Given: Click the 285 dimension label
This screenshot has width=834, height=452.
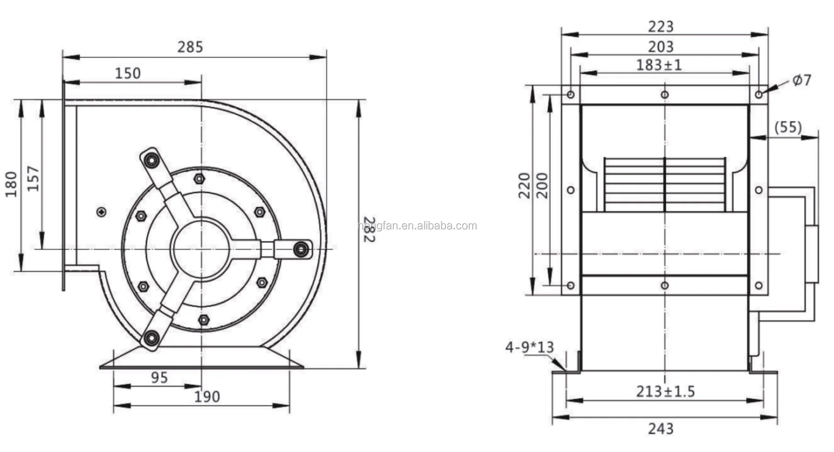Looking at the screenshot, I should pyautogui.click(x=190, y=47).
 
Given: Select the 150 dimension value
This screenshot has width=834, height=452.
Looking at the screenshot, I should pyautogui.click(x=128, y=73).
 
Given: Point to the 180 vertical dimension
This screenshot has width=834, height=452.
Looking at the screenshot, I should pyautogui.click(x=11, y=184).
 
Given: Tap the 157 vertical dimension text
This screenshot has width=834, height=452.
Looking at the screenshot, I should pyautogui.click(x=33, y=179).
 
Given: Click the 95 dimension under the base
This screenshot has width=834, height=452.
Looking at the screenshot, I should pyautogui.click(x=159, y=378).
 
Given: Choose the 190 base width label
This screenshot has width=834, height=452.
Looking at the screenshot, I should pyautogui.click(x=207, y=397).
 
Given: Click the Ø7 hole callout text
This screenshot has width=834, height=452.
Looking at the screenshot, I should pyautogui.click(x=801, y=80).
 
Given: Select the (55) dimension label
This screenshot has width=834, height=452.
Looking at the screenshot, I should pyautogui.click(x=788, y=127).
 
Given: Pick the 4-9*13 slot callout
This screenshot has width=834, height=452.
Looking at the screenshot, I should pyautogui.click(x=529, y=347).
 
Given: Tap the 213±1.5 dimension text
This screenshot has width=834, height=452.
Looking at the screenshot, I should pyautogui.click(x=665, y=392).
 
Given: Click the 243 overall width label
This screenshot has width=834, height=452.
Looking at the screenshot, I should pyautogui.click(x=660, y=429).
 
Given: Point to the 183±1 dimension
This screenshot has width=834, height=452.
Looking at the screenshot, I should pyautogui.click(x=659, y=65).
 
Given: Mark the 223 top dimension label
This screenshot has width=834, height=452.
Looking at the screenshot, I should pyautogui.click(x=660, y=27).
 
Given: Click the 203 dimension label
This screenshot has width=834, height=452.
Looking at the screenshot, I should pyautogui.click(x=660, y=46).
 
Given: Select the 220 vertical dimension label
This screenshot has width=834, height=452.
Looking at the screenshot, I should pyautogui.click(x=524, y=185).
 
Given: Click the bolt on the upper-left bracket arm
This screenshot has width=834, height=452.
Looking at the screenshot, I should pyautogui.click(x=151, y=159).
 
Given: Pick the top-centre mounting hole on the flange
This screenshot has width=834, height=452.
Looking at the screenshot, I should pyautogui.click(x=664, y=95).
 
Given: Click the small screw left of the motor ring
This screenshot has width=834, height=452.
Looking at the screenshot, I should pyautogui.click(x=102, y=212).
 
